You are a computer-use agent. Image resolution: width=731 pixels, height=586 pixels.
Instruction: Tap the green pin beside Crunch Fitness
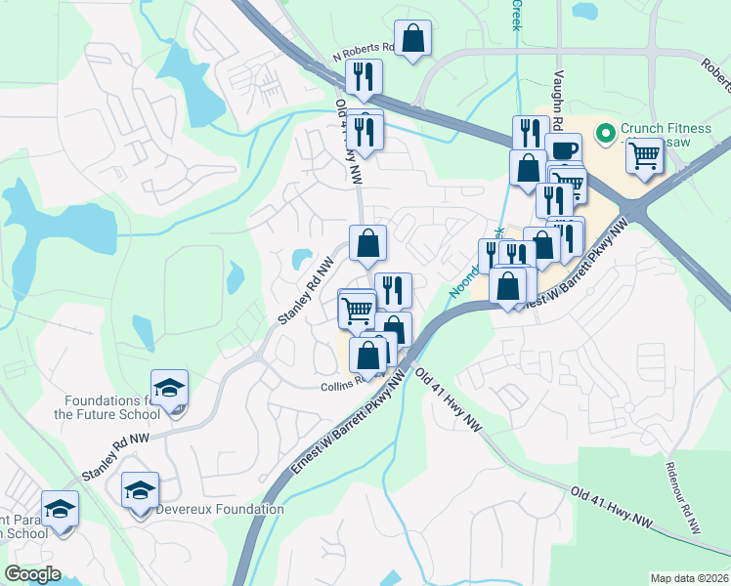(605, 130)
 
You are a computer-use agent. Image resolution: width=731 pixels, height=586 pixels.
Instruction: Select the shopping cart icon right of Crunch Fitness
(644, 154)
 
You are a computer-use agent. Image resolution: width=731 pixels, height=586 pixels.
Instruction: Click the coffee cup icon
(564, 149)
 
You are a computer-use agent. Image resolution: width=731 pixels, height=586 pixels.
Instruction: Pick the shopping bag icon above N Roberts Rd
(413, 39)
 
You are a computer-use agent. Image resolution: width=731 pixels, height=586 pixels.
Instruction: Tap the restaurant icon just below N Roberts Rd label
(364, 76)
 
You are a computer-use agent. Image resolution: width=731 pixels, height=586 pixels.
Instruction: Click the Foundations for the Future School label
(107, 407)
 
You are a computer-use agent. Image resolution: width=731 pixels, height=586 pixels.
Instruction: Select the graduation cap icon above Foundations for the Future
(170, 387)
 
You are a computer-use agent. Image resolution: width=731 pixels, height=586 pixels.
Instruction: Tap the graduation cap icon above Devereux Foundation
(140, 489)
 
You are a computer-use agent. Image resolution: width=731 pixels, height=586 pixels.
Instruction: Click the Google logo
(33, 574)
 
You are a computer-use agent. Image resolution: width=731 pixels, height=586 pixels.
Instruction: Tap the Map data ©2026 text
(689, 578)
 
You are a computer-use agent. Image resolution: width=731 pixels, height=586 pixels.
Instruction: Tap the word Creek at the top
(515, 16)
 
